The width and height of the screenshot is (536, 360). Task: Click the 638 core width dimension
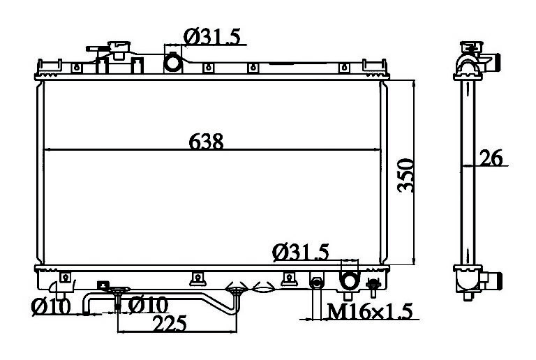pos(206,141)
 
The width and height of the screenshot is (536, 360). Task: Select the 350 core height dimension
pos(406,175)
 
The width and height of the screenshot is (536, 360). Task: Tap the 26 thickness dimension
pos(491,158)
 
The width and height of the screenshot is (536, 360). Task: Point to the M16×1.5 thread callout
pos(370,311)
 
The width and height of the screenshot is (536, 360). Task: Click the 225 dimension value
pos(170,324)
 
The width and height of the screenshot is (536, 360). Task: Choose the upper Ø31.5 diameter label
pos(212,36)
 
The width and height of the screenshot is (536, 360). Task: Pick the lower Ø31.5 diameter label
pos(301,253)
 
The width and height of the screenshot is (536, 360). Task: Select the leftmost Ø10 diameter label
pos(50,306)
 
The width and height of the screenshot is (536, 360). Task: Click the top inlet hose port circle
pos(172,63)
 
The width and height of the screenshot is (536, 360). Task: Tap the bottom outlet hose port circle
pos(349,280)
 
